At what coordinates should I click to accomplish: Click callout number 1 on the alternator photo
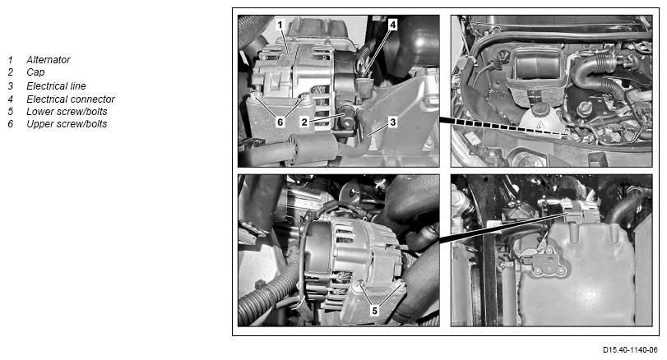280,25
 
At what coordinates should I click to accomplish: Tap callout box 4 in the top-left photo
392,25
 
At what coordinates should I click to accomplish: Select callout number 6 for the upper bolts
280,122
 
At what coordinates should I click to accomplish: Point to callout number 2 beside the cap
304,122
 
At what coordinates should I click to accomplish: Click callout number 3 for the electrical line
392,122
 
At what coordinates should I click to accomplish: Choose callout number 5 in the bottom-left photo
375,311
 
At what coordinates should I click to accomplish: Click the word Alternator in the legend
48,60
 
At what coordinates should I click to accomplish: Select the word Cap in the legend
35,72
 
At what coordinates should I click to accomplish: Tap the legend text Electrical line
56,85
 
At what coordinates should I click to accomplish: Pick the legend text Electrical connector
71,99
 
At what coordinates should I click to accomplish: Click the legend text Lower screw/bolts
67,111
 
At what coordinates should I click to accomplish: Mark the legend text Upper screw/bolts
67,123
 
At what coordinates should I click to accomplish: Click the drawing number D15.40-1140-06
630,350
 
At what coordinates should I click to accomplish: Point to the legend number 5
10,111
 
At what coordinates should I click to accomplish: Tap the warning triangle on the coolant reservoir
540,124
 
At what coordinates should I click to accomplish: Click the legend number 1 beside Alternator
10,60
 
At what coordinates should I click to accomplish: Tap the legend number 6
10,123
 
